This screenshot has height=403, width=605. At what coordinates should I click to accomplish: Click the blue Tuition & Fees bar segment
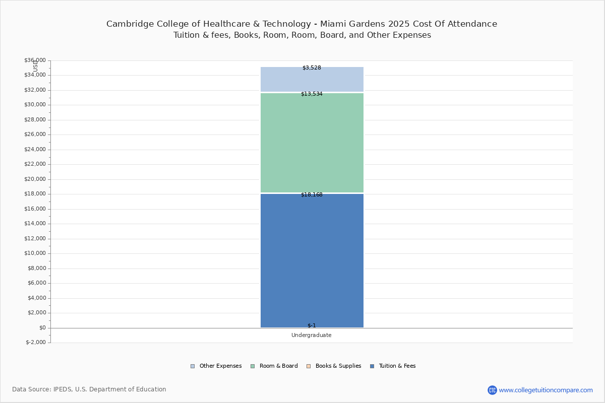(312, 260)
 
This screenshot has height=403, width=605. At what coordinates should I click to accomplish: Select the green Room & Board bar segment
(312, 143)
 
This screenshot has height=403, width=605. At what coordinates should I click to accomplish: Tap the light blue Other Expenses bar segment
(312, 80)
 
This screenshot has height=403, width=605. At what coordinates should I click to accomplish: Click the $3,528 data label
(312, 68)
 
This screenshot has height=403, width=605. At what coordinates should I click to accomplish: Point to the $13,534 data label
(312, 94)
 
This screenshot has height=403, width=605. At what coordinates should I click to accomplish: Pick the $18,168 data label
(312, 194)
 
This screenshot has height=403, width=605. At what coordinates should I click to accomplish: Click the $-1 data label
(312, 325)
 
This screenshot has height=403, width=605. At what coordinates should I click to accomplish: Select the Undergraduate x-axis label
(312, 335)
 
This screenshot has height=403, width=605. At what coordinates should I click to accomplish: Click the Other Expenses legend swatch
(193, 366)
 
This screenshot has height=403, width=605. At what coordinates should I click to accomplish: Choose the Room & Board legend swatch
(253, 366)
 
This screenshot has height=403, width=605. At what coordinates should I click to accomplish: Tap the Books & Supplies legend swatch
(309, 366)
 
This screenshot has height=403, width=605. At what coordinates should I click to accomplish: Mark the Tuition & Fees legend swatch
(372, 366)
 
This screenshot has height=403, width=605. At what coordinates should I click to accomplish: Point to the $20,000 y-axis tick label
(35, 179)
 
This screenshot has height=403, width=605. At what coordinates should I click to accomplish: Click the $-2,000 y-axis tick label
(36, 342)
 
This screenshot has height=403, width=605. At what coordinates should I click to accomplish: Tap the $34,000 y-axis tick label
(35, 75)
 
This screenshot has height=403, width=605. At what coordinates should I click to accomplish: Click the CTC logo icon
(492, 390)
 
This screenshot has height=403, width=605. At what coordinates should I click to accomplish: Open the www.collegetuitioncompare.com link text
(546, 390)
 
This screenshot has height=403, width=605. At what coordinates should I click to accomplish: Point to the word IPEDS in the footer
(63, 389)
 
